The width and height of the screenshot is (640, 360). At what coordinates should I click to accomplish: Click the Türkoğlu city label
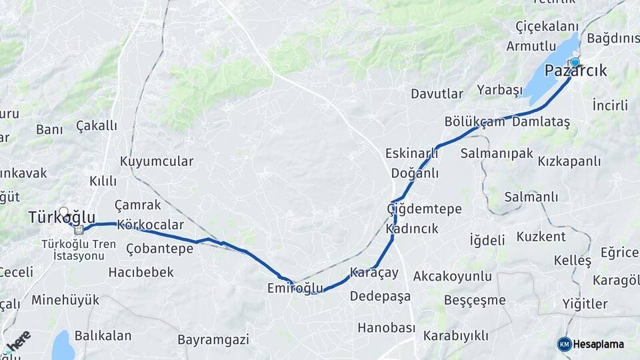click(x=61, y=218)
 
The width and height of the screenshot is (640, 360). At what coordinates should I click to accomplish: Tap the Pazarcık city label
click(x=575, y=71)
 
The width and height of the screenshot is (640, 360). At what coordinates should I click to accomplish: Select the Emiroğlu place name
click(x=295, y=288)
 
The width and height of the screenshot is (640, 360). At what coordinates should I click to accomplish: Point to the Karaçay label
click(x=373, y=273)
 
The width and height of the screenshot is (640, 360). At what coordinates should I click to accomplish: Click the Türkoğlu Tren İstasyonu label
click(x=73, y=250)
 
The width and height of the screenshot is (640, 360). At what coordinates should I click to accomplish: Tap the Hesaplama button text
click(x=598, y=344)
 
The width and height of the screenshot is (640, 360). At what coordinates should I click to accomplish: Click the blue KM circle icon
click(x=564, y=344)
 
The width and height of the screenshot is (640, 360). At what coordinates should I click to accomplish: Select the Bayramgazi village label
click(x=213, y=339)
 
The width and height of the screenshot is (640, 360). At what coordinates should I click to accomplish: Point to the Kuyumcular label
click(x=157, y=161)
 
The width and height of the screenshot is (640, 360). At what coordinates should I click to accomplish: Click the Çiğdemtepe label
click(x=424, y=209)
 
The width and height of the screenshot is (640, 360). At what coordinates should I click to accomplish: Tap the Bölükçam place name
click(x=475, y=122)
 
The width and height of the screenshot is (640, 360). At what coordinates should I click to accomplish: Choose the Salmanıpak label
click(x=497, y=153)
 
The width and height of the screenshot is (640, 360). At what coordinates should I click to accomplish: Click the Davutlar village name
click(x=437, y=94)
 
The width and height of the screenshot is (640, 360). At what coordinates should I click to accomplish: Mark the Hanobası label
click(x=386, y=328)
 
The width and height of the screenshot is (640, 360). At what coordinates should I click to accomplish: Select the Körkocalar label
click(x=149, y=225)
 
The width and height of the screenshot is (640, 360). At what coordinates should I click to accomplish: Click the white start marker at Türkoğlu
click(x=63, y=212)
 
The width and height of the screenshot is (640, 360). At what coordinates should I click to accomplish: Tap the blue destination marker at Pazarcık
click(x=575, y=62)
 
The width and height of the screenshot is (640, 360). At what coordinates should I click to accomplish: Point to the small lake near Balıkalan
click(x=62, y=345)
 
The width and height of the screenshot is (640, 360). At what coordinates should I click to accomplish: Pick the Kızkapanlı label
click(x=569, y=161)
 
